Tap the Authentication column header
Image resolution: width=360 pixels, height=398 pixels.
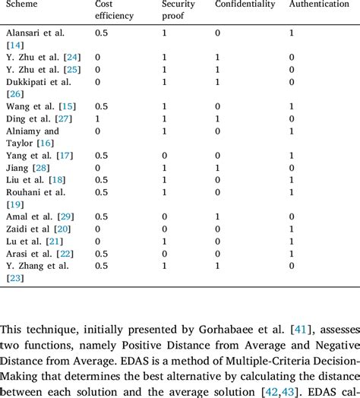[321, 5]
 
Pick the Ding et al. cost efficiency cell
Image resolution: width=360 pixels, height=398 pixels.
[98, 118]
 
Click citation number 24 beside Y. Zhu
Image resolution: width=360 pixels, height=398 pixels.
[72, 57]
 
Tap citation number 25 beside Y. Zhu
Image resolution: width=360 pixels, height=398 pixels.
[72, 69]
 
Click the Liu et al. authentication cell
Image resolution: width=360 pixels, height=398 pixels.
[292, 180]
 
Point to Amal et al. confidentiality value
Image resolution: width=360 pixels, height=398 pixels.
[218, 216]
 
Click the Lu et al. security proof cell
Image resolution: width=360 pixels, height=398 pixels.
[165, 241]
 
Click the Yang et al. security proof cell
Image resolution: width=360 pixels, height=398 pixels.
[165, 155]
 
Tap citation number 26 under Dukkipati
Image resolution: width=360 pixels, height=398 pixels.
[15, 93]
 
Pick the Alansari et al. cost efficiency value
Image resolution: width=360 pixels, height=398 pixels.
[101, 33]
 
